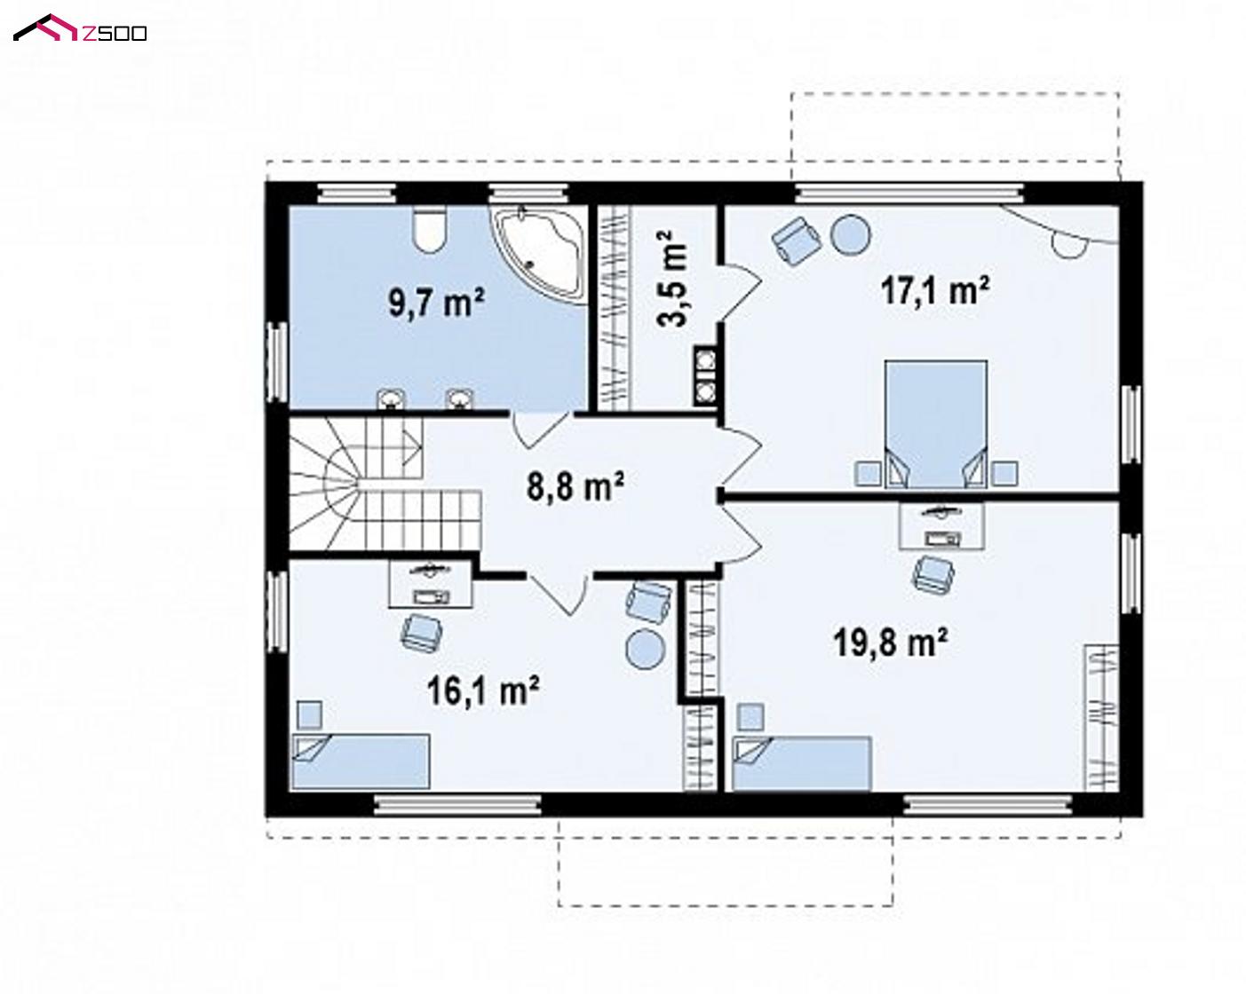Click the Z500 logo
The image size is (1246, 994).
tap(80, 29)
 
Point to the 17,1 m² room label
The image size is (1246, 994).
tap(934, 290)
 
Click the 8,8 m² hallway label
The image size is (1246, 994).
tap(575, 486)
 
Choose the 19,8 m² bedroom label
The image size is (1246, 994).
tap(891, 643)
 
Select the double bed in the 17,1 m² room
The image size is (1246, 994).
tap(936, 423)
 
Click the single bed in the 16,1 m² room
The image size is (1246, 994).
tap(361, 761)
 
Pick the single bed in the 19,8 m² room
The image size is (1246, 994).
tap(802, 763)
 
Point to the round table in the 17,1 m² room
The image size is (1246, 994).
tap(850, 234)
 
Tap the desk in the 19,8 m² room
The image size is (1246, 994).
tap(941, 525)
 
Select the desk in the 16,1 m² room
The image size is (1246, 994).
tap(430, 584)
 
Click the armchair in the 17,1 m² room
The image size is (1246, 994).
tap(797, 241)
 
